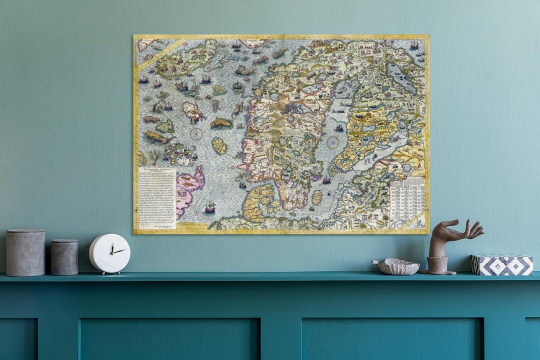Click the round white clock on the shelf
point(109,253)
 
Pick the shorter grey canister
point(64,257)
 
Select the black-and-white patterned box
point(502,264)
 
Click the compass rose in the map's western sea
point(196,134)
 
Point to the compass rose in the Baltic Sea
point(332,142)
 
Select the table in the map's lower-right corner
point(407,202)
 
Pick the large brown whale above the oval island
point(221,123)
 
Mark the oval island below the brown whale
point(219,146)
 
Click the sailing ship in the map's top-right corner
point(414,45)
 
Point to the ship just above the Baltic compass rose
point(339,128)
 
